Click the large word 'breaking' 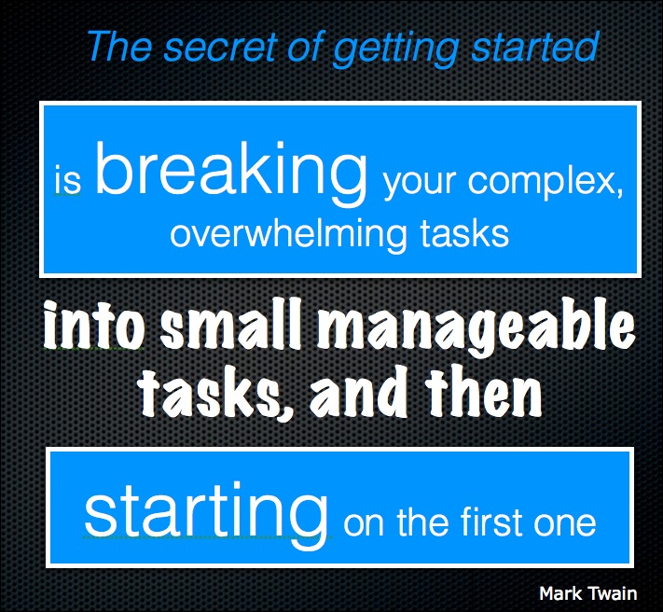click(x=231, y=173)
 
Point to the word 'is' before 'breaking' click(x=67, y=181)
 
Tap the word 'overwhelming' click(x=287, y=234)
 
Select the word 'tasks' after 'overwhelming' click(x=463, y=233)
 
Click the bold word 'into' click(x=94, y=323)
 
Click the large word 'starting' click(x=206, y=514)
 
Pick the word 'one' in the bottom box click(x=564, y=525)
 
